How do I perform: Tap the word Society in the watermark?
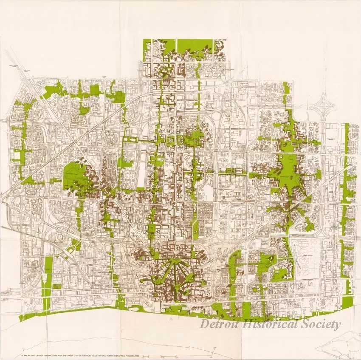pos(323,325)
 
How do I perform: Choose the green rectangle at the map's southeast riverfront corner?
pos(347,302)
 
